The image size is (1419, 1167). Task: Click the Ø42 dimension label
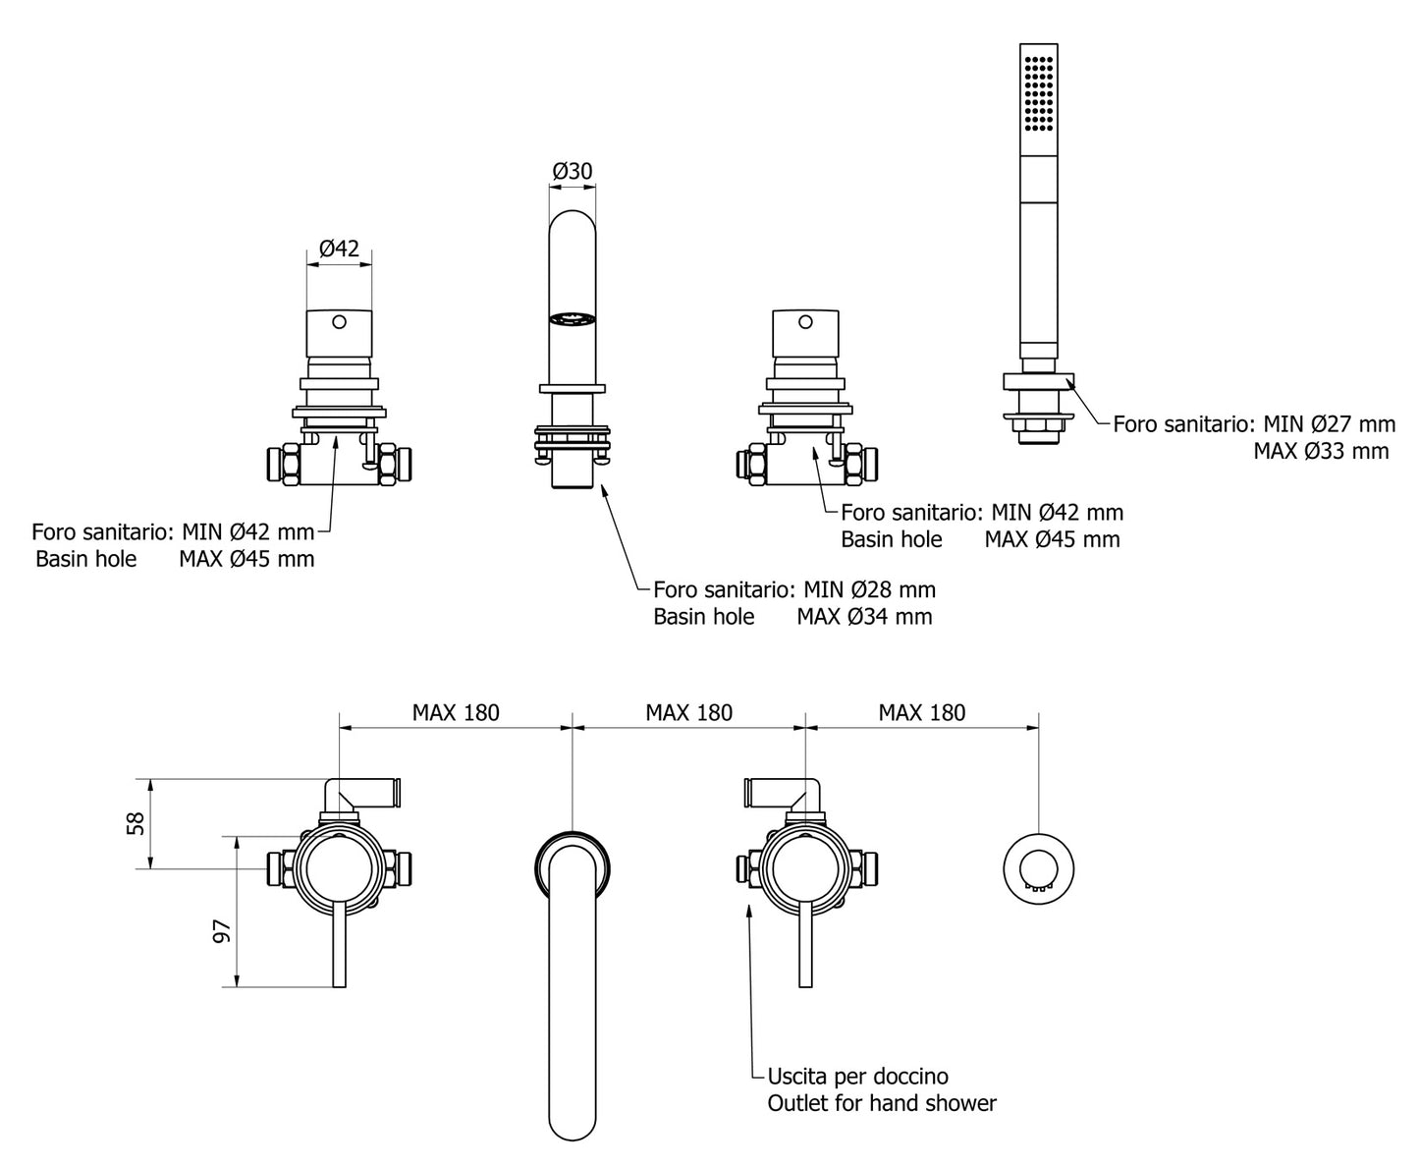(340, 249)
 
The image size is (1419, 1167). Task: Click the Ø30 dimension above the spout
(573, 171)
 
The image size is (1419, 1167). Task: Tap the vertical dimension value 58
(137, 822)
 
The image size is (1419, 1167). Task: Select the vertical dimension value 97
(222, 931)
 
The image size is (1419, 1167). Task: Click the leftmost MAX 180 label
(456, 712)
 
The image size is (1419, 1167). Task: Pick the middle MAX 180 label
(688, 712)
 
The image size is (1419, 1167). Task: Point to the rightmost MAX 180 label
(921, 712)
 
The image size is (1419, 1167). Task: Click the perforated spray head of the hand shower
(1039, 93)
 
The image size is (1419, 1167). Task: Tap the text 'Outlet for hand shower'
(882, 1103)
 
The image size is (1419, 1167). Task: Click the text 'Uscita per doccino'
(858, 1077)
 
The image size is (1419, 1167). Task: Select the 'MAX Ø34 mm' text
(864, 617)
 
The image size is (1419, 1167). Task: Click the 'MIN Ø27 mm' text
(1329, 424)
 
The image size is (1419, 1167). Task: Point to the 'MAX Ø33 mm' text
(1321, 451)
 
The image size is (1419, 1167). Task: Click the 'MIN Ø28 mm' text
(869, 590)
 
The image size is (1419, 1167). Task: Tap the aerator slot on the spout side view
(573, 317)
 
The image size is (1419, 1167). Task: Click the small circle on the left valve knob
(340, 321)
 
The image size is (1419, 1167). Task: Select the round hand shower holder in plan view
(1039, 871)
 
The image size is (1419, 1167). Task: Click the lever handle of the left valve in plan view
(340, 943)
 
